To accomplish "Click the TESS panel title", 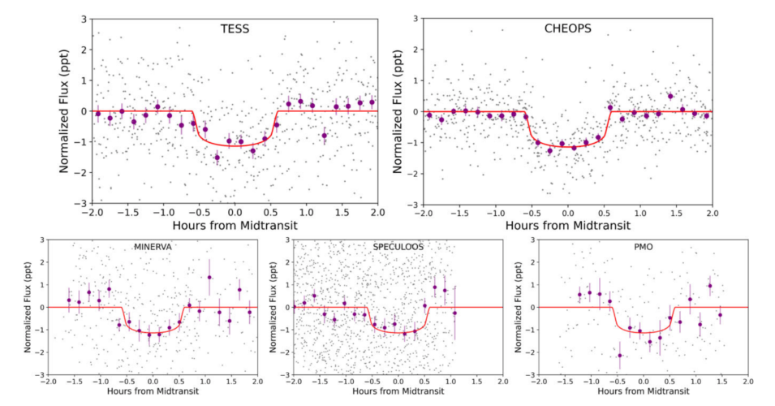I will click(235, 28).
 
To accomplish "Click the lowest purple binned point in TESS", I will click(217, 158).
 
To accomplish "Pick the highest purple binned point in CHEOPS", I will click(670, 96).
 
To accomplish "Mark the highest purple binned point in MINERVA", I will click(209, 278).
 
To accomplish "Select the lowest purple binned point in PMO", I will click(620, 356).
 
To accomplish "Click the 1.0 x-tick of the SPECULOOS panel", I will click(450, 382).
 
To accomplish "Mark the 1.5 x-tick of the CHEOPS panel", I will click(676, 213).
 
